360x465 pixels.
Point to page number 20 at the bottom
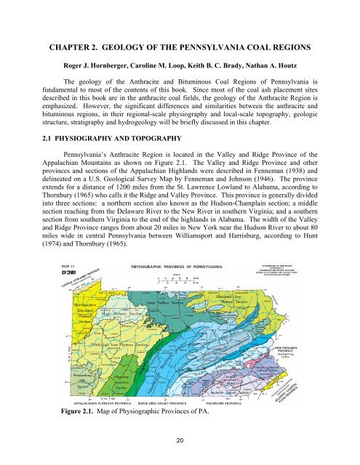coord(180,443)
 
